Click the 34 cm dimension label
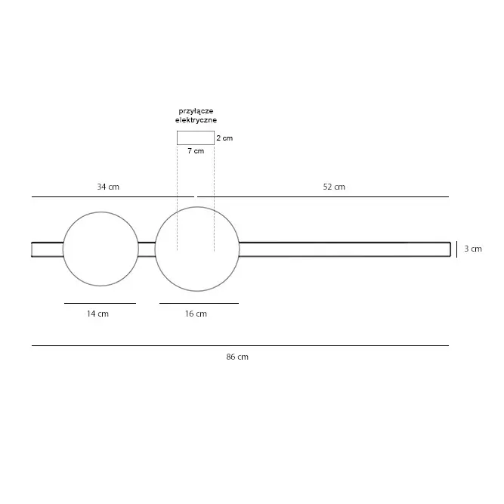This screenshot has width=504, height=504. click(108, 187)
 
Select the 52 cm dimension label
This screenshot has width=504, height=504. click(334, 187)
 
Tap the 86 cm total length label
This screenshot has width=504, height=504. click(237, 357)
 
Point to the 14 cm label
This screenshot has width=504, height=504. click(97, 314)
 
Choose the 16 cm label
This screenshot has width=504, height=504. click(196, 314)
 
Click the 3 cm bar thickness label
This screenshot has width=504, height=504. click(473, 249)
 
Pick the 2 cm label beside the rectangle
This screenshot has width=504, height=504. click(224, 138)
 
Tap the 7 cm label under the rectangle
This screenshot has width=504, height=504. click(196, 151)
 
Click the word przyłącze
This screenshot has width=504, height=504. click(196, 111)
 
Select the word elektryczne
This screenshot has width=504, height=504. click(196, 120)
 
